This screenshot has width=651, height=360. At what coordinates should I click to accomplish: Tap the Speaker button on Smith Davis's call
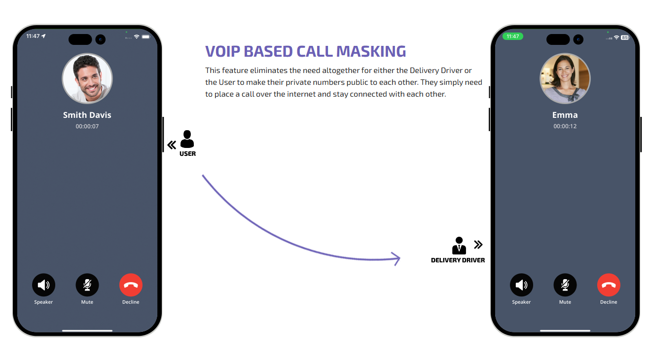(43, 285)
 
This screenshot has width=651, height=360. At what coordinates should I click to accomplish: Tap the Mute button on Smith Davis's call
(87, 285)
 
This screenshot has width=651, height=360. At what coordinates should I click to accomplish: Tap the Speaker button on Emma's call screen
(521, 285)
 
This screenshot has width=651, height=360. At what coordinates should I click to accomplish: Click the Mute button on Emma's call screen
(565, 285)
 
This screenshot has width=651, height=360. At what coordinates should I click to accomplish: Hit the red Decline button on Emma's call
(609, 285)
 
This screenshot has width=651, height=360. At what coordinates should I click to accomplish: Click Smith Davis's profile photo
(87, 79)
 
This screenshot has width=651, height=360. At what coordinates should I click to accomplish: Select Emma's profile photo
(565, 79)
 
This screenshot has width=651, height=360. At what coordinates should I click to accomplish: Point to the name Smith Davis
(87, 115)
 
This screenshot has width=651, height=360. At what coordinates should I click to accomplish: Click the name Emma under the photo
(565, 115)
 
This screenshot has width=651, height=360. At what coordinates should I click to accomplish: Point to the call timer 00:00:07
(87, 126)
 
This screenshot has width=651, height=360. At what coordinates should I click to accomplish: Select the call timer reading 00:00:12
(565, 126)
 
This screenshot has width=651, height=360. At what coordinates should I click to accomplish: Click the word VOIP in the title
(223, 51)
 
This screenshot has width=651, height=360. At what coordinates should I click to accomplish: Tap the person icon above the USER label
(187, 139)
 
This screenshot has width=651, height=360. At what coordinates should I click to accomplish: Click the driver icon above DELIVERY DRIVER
(459, 246)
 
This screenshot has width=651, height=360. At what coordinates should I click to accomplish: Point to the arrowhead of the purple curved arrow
(398, 258)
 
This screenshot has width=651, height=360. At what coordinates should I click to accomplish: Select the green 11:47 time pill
(512, 36)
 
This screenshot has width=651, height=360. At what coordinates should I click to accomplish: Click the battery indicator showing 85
(625, 37)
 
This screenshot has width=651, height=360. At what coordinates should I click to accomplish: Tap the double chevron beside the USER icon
(172, 145)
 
